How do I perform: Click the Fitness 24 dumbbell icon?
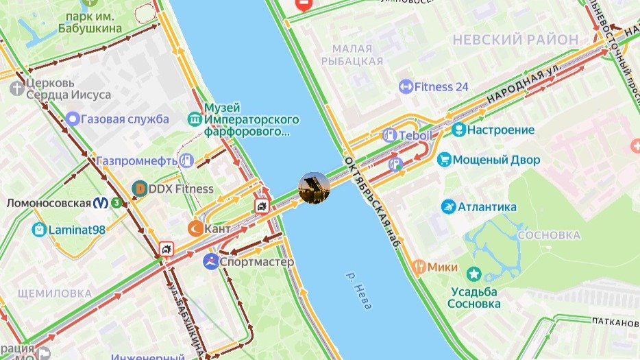406,87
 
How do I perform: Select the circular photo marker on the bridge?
315,187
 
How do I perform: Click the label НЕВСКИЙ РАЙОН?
515,40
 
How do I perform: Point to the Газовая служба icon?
73,119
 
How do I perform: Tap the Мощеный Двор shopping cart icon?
444,160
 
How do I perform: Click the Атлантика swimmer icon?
448,207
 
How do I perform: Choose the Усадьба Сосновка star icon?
473,274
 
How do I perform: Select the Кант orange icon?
195,228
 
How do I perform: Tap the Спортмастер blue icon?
211,262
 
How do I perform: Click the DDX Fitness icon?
140,189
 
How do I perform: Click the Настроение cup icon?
459,130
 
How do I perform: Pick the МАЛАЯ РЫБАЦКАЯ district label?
357,55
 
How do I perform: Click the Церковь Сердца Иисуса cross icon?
17,88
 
